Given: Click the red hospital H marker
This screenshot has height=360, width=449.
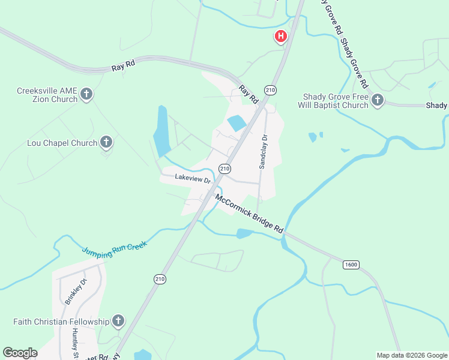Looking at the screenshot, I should tap(280, 37).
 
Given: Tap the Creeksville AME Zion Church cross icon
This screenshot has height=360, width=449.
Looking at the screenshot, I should tap(86, 94).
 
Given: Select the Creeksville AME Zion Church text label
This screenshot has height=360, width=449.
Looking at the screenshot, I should tap(47, 95).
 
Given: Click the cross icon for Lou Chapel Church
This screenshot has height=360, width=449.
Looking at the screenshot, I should tap(106, 142).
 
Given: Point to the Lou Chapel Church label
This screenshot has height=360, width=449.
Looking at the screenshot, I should tap(62, 143).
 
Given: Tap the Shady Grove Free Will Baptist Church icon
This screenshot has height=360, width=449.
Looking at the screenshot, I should tap(378, 100).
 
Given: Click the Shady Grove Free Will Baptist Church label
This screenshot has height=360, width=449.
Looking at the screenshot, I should tap(334, 101).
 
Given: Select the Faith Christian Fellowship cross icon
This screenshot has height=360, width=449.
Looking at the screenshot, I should tap(118, 321).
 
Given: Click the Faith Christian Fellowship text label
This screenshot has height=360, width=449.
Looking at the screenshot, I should tap(61, 322).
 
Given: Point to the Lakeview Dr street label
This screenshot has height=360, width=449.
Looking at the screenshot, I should tap(193, 179).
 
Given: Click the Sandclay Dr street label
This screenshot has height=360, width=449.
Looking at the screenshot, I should tap(262, 151).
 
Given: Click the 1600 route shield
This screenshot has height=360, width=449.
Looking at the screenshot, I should tap(351, 264).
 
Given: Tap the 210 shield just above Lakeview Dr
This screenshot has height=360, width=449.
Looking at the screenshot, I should tap(224, 169).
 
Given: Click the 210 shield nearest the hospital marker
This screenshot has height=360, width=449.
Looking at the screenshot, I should tap(270, 90).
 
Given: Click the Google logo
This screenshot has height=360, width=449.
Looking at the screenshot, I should tap(20, 353).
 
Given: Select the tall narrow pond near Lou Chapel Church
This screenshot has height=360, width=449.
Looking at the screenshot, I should tap(161, 131).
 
